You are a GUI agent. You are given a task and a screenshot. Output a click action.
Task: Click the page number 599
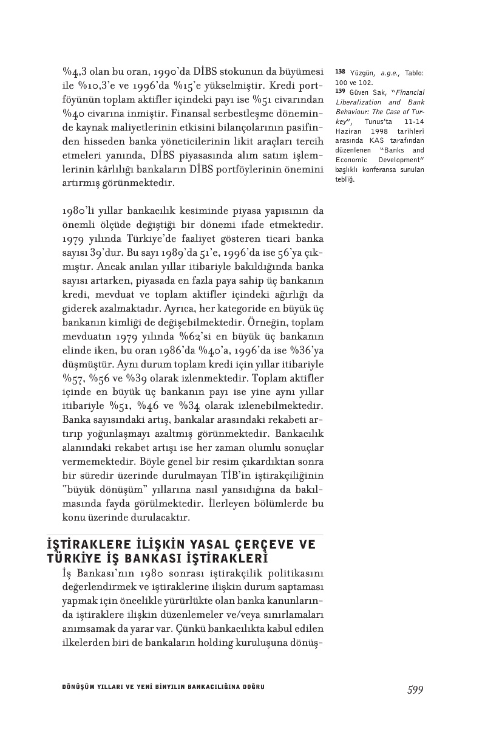point(415,690)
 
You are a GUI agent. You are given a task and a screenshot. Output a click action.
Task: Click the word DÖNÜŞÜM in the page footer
point(73,687)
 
